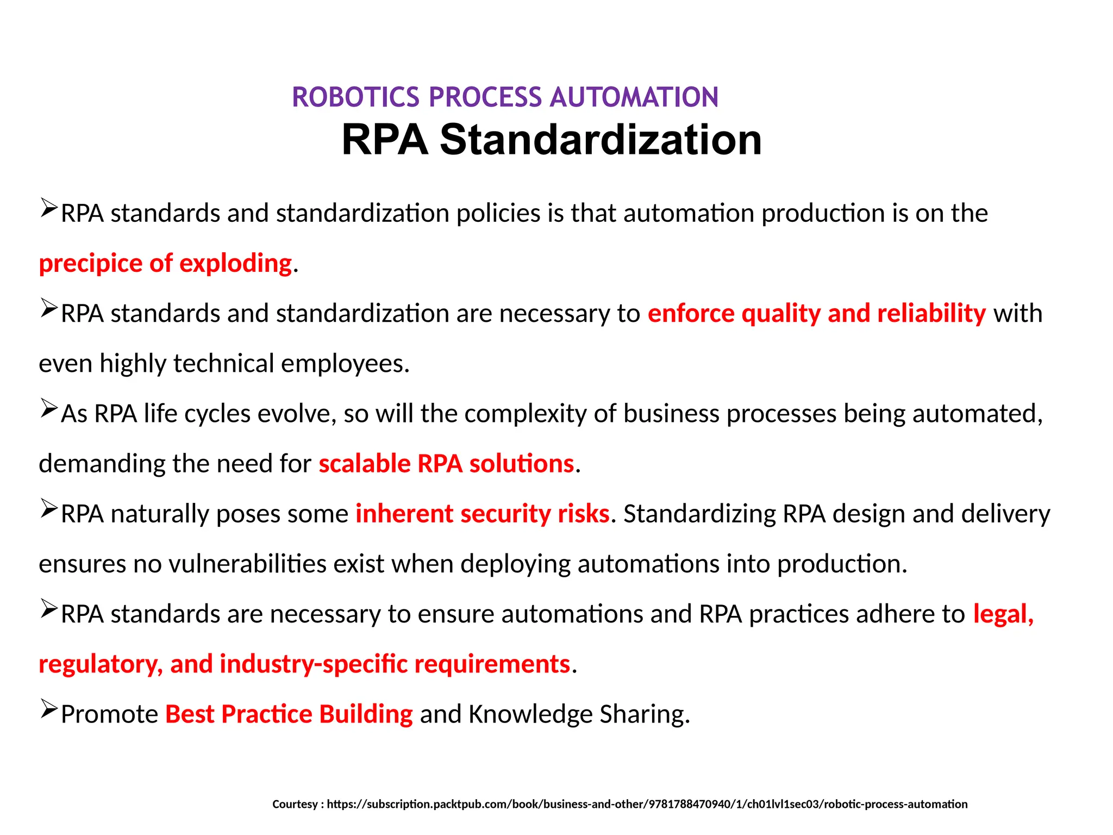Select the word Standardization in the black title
point(600,140)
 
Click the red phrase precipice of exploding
point(166,264)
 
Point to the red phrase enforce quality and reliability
point(816,314)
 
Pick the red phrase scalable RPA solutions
point(446,464)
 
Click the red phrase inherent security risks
point(482,514)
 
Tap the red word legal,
point(1003,614)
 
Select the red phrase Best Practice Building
point(289,714)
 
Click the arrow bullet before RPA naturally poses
point(48,509)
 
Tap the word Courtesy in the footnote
point(295,804)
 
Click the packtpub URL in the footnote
point(647,804)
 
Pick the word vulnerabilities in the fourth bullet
point(247,564)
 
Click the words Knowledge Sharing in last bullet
point(579,714)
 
